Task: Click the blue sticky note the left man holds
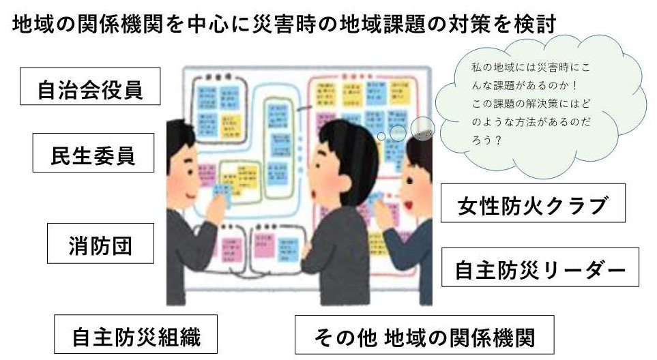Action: pos(221,195)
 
